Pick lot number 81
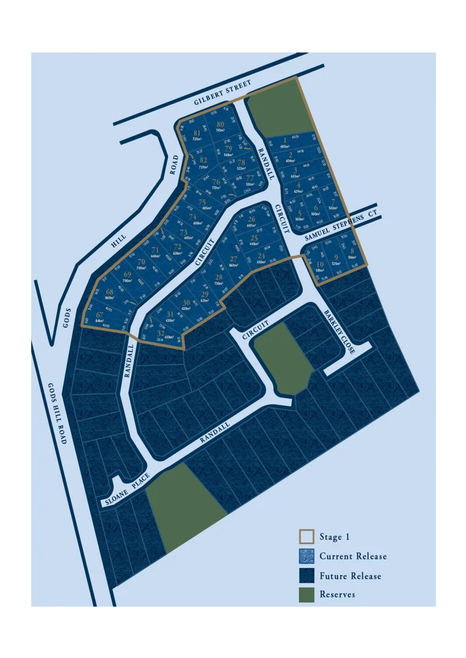196,133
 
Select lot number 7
333,202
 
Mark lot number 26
251,219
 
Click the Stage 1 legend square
307,537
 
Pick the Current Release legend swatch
307,556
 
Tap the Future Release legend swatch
307,576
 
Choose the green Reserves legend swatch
307,595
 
